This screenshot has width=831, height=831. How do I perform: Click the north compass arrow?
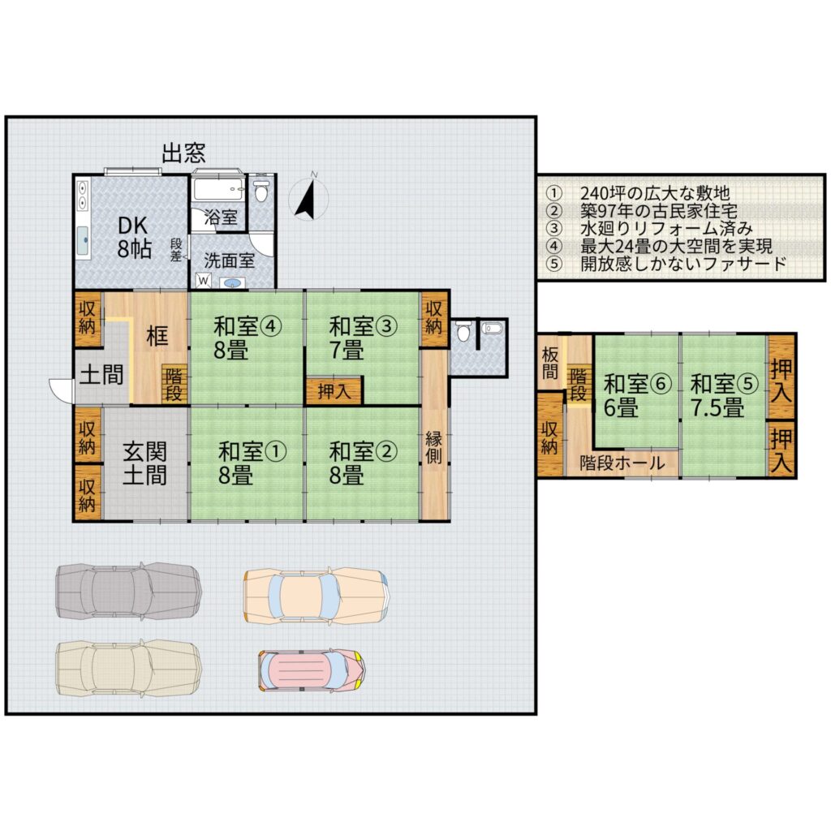point(306,200)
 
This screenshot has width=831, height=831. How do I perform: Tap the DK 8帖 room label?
point(135,238)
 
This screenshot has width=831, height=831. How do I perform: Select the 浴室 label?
point(221,217)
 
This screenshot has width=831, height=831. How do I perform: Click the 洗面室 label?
point(230,260)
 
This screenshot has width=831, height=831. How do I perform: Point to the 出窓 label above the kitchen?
point(183,153)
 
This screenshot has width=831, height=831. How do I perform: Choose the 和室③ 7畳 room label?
point(363,338)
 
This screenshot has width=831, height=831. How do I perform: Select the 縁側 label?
point(434,448)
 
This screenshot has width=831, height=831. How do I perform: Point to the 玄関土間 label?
point(144,463)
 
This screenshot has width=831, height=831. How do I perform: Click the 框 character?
point(157,335)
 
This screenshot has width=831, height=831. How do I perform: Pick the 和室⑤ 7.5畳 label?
point(725,395)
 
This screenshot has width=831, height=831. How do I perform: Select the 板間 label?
point(550,364)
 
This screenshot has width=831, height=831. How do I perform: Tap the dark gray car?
point(129,591)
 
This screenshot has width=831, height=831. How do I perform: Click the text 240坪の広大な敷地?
point(655,193)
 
